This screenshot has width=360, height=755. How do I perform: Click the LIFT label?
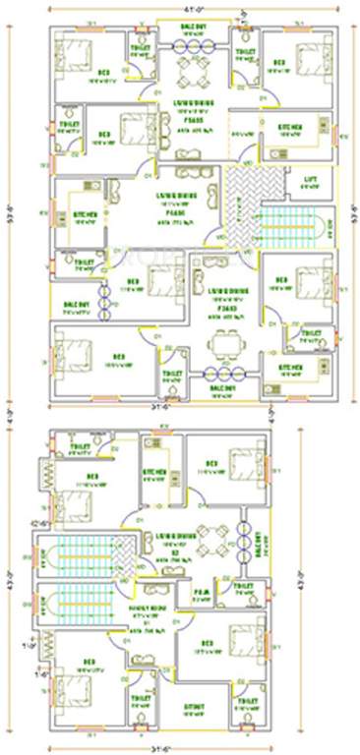point(310,180)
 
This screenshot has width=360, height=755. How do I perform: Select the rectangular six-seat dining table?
point(226,343)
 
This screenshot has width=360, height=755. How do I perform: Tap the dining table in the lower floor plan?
point(209,539)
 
